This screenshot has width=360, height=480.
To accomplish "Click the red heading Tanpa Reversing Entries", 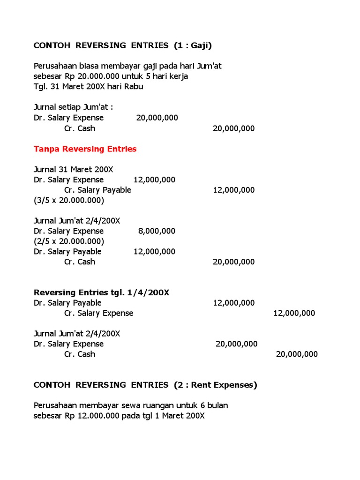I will (85, 149).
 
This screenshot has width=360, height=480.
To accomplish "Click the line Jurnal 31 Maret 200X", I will (74, 169).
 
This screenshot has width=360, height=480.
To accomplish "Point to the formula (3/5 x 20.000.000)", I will (69, 200).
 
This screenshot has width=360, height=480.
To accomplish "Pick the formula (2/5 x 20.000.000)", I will (69, 241).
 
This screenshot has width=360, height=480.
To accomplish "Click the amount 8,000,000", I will (157, 231).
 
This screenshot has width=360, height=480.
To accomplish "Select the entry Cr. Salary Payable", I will (97, 190).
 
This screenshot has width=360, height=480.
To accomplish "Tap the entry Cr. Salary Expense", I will (98, 313).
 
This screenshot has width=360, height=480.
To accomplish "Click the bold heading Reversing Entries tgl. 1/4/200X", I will (101, 292).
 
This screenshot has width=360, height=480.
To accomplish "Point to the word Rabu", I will (133, 87).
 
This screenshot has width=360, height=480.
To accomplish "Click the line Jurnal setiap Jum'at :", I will (74, 107).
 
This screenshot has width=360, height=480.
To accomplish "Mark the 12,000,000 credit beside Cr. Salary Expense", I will (294, 313).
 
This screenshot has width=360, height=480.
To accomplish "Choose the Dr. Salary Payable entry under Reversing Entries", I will (67, 303).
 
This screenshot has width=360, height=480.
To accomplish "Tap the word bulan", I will (217, 405).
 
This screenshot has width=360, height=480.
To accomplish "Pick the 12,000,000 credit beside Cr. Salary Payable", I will (233, 190).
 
